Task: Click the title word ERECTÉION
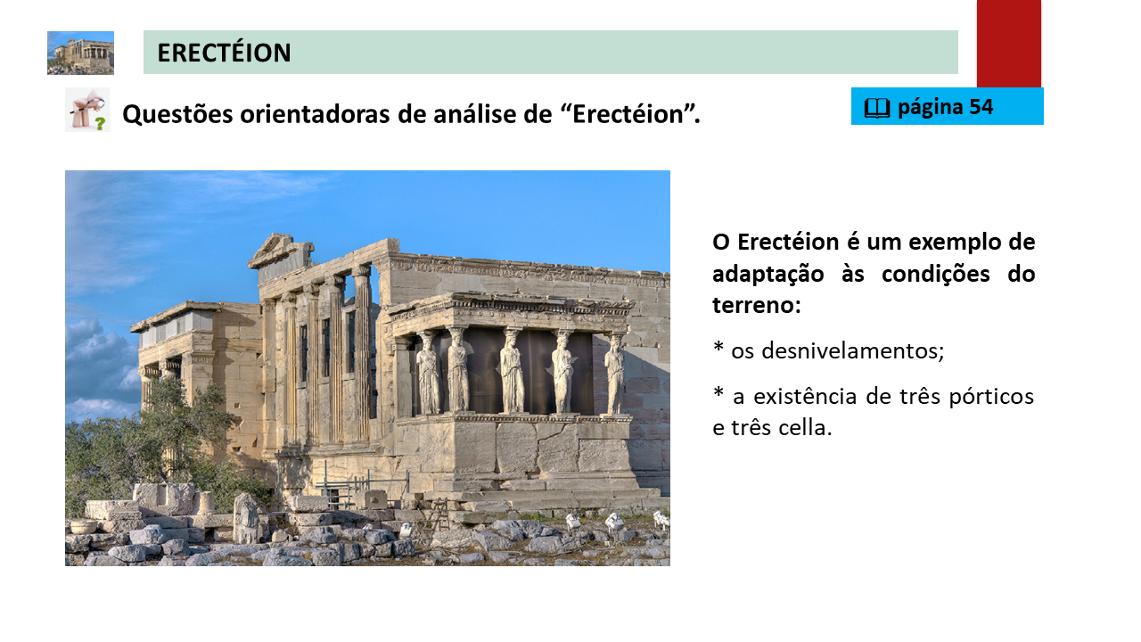tap(224, 53)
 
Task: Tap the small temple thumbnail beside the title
tap(80, 53)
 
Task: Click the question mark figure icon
tap(87, 110)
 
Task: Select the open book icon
tap(876, 108)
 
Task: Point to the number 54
tap(981, 106)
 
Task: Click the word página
tap(930, 108)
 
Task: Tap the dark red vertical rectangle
tap(1008, 44)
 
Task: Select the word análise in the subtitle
tap(475, 113)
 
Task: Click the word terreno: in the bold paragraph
tap(757, 305)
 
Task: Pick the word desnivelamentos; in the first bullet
tap(852, 350)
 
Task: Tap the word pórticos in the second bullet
tap(990, 397)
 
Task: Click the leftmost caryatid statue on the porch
tap(428, 373)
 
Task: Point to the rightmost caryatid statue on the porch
tap(615, 374)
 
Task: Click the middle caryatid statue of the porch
tap(512, 370)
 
